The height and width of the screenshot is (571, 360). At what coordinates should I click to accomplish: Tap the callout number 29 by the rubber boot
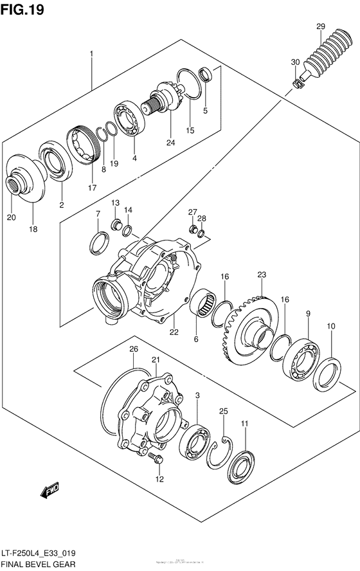coord(320,26)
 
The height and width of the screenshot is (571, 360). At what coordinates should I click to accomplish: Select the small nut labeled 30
coord(298,83)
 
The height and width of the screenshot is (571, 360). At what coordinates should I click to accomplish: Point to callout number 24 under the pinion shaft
coord(170,142)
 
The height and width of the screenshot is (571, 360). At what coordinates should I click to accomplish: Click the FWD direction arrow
coord(51,492)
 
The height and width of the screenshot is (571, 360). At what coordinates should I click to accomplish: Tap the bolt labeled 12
coord(154,458)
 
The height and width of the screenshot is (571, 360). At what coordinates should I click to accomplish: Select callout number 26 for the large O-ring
coord(133,349)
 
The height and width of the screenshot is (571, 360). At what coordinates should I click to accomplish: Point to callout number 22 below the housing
coord(174,332)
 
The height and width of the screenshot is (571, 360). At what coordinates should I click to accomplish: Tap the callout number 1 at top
coord(91,53)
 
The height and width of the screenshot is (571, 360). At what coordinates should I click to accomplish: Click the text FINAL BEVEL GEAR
coord(39,564)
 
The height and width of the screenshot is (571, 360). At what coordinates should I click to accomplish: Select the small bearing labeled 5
coord(205,74)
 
